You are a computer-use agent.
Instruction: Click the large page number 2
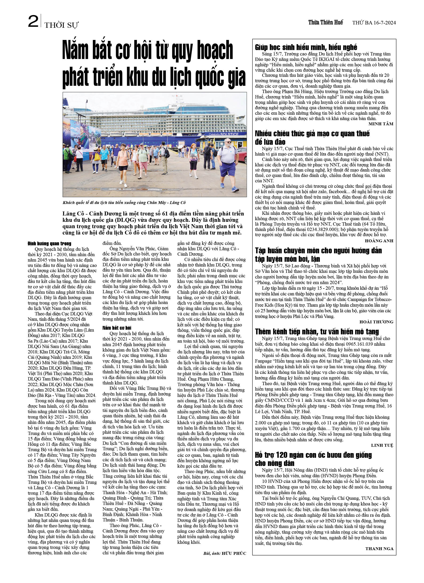33,21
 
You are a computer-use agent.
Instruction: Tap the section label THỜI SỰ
61,25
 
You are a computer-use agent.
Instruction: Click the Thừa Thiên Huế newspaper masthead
325,23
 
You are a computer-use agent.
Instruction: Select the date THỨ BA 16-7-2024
374,23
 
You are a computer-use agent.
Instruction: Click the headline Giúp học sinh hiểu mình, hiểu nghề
306,47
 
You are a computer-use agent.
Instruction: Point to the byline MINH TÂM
381,124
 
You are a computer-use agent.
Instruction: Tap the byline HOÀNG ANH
379,241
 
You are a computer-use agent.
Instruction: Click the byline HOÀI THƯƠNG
376,322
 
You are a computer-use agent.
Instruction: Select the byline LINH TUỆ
382,445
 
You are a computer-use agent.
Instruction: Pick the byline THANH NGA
379,548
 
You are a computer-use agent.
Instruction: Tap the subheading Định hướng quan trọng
49,243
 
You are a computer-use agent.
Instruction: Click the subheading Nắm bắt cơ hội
117,328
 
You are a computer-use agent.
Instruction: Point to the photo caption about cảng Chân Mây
124,203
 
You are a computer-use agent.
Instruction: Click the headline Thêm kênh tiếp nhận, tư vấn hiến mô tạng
317,332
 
